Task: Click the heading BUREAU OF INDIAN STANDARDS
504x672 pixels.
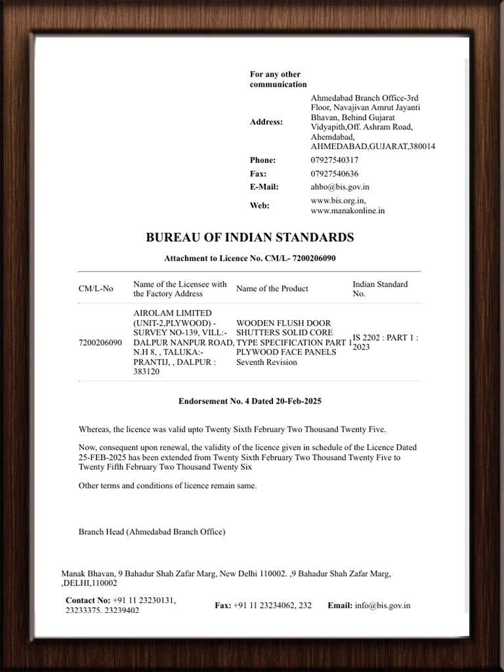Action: pyautogui.click(x=249, y=238)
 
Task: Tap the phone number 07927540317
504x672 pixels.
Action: pyautogui.click(x=335, y=160)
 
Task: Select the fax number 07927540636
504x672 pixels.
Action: pyautogui.click(x=335, y=174)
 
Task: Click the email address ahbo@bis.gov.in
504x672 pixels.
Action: pyautogui.click(x=340, y=187)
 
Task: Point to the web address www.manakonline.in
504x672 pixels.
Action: pyautogui.click(x=348, y=211)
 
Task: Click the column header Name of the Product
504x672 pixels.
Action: pyautogui.click(x=272, y=289)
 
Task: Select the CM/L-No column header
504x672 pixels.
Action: pyautogui.click(x=96, y=289)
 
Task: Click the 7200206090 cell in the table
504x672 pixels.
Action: pyautogui.click(x=100, y=343)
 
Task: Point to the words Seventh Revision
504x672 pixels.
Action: pyautogui.click(x=266, y=362)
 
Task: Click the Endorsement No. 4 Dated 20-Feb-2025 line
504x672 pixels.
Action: pyautogui.click(x=249, y=401)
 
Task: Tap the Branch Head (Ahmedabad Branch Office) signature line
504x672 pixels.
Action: pyautogui.click(x=152, y=532)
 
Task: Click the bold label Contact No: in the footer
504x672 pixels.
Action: pyautogui.click(x=88, y=600)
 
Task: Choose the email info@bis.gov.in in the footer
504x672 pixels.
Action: pyautogui.click(x=383, y=606)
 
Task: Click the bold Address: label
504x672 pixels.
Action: pyautogui.click(x=266, y=122)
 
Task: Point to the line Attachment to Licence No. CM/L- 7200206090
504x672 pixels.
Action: pyautogui.click(x=249, y=259)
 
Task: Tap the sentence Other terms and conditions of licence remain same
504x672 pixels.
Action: pyautogui.click(x=167, y=486)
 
